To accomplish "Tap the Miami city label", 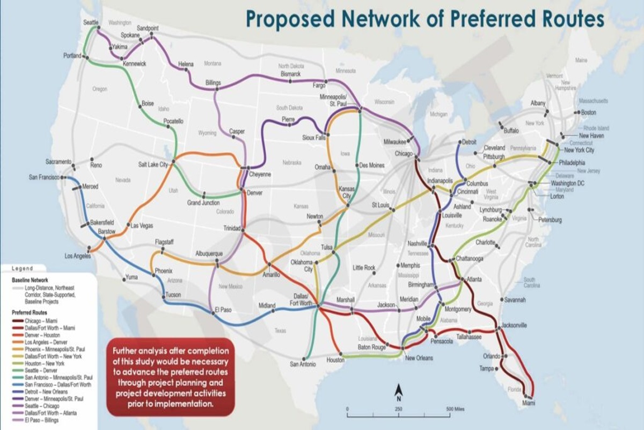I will tap(530, 403).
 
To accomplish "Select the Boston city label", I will tap(589, 112).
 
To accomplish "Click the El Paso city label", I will tap(222, 309).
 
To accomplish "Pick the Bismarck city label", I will tap(290, 74).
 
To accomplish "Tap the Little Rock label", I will tap(364, 267).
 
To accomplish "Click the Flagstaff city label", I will tap(164, 242).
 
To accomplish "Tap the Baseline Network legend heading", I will tap(30, 280).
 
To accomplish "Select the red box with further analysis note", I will tap(171, 377).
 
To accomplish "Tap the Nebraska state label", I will tap(292, 162).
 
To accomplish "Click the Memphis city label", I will tap(409, 265).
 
